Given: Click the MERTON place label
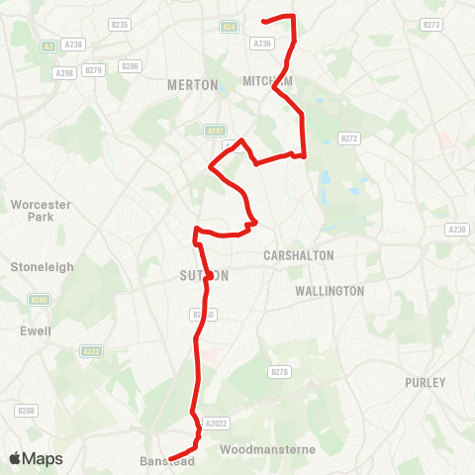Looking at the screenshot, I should tap(193, 85).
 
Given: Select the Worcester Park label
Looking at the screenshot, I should tap(37, 210).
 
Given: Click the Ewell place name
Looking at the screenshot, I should tap(36, 332).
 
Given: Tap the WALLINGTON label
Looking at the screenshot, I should tap(330, 291).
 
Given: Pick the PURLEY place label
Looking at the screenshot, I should tap(426, 382).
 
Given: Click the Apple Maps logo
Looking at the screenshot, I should tap(36, 458).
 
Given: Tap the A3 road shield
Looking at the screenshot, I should tap(47, 46).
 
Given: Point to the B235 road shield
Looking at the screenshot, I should tap(120, 24).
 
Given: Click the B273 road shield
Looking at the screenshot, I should tap(430, 24).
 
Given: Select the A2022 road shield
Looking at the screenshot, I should tap(216, 424).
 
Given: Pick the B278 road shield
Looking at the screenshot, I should tap(279, 371).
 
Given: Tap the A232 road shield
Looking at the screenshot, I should tap(92, 350).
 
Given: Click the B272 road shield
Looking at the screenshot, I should tap(346, 139).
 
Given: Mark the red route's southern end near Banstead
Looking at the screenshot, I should tap(170, 458).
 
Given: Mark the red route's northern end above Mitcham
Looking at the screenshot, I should tap(263, 20).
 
